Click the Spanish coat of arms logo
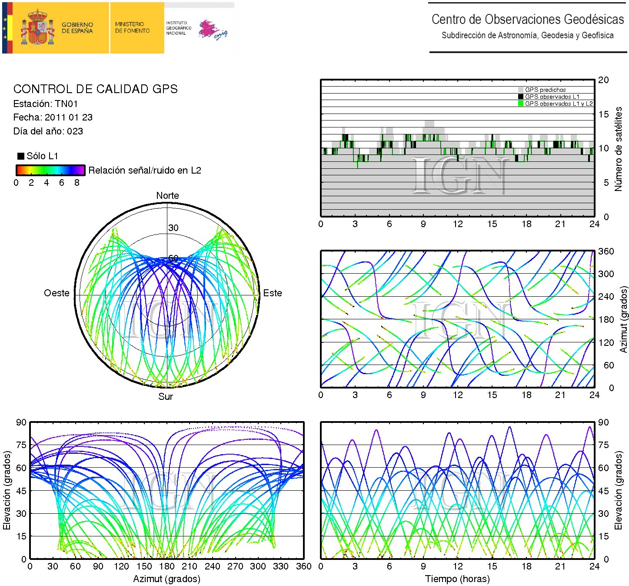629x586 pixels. coord(38,28)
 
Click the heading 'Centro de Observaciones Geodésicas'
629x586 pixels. coord(527,20)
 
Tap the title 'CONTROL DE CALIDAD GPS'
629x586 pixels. coord(96,89)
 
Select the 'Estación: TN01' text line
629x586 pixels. coord(46,104)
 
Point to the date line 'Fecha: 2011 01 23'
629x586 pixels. coord(53,117)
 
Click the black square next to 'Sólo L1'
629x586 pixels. coord(20,156)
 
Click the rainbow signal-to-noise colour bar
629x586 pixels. coord(50,170)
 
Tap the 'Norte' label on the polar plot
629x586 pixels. coord(167,196)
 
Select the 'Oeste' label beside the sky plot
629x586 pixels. coord(57,293)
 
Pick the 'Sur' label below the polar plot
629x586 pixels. coord(166,397)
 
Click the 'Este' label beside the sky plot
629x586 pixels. coord(273,293)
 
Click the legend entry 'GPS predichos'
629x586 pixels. coord(545,90)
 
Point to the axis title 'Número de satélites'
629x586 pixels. coord(618,149)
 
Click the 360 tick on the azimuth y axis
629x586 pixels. coord(606,251)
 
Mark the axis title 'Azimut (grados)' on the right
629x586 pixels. coord(624,319)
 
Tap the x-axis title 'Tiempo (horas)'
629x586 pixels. coord(457,579)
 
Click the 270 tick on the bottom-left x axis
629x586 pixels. coord(235,566)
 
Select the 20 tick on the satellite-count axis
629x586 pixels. coord(603,80)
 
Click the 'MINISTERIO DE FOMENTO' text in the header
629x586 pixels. coord(132,28)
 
